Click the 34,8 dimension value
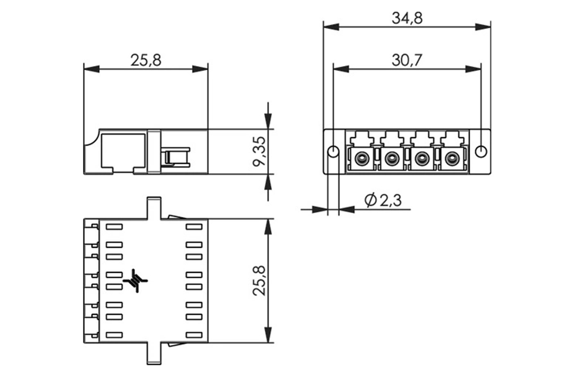[x=407, y=18]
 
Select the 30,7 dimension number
[x=407, y=61]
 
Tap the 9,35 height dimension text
[x=259, y=152]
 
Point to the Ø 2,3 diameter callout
[x=383, y=200]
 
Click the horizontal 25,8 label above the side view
[x=146, y=61]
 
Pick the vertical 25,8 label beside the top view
[x=259, y=281]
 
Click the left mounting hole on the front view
[x=333, y=152]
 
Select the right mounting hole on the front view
[x=481, y=152]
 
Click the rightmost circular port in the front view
[x=452, y=159]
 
